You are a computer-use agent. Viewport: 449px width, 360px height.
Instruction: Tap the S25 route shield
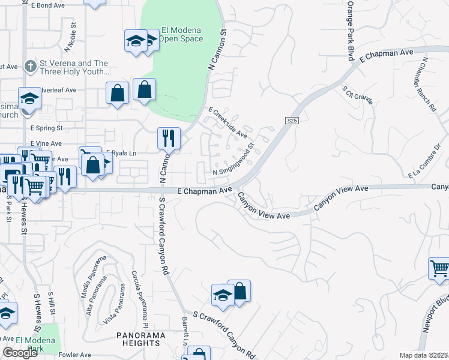[x=292, y=121]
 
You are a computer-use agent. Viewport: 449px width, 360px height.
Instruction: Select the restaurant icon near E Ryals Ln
[x=169, y=138]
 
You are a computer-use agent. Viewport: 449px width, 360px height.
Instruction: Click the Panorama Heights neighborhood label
[x=139, y=338]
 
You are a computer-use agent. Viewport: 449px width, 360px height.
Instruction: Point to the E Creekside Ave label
[x=228, y=122]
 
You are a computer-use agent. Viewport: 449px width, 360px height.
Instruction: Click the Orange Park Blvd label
[x=349, y=30]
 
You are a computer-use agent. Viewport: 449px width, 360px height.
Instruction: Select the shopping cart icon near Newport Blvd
[x=440, y=269]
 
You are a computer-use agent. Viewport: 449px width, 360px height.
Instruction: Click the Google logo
[x=20, y=353]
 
